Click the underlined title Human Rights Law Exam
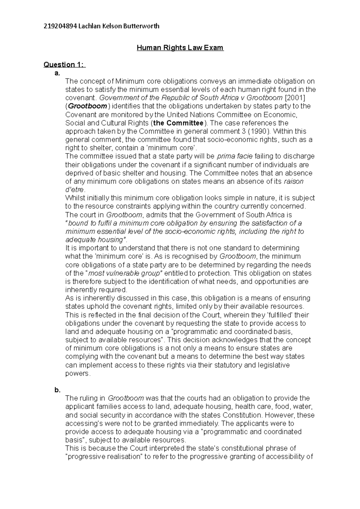pos(180,48)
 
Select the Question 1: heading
pos(64,64)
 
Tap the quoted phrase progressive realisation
pos(103,457)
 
